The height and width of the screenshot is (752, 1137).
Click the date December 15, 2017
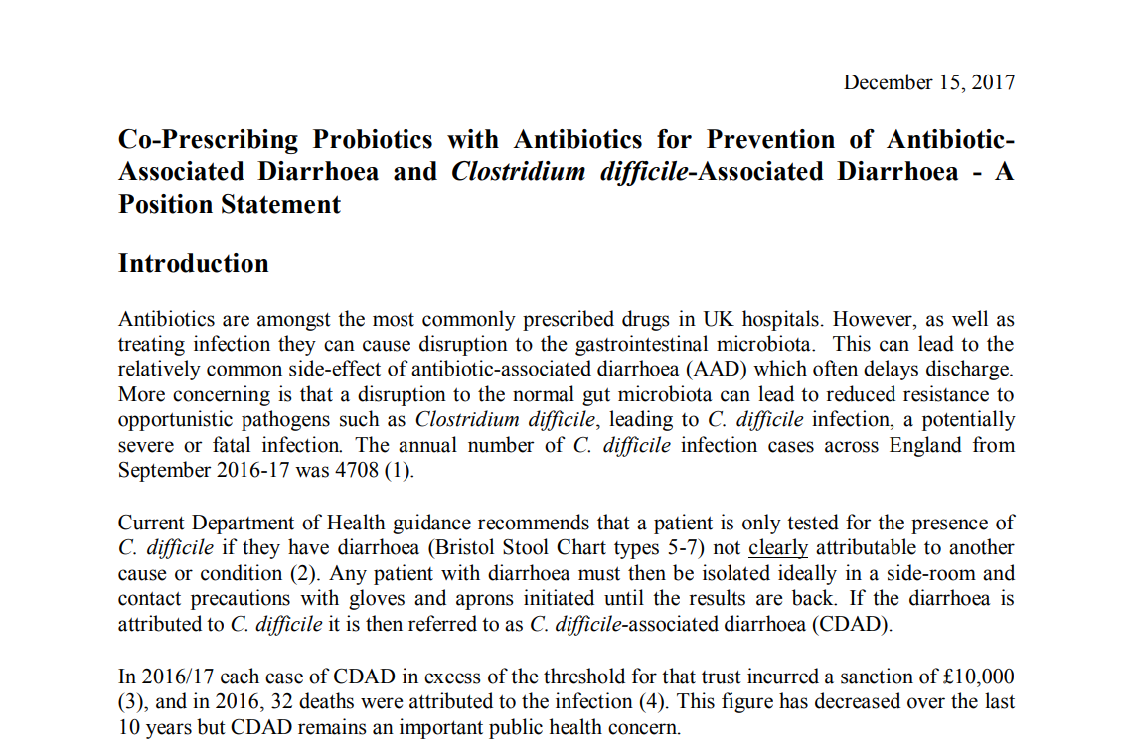point(928,82)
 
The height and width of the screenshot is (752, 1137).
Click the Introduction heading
point(193,263)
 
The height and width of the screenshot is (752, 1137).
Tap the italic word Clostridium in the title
point(518,171)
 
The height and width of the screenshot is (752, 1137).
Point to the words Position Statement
point(230,204)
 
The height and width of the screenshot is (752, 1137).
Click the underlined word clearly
point(778,547)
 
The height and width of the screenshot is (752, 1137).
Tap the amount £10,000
point(977,677)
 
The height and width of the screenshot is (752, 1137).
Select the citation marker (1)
point(399,470)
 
